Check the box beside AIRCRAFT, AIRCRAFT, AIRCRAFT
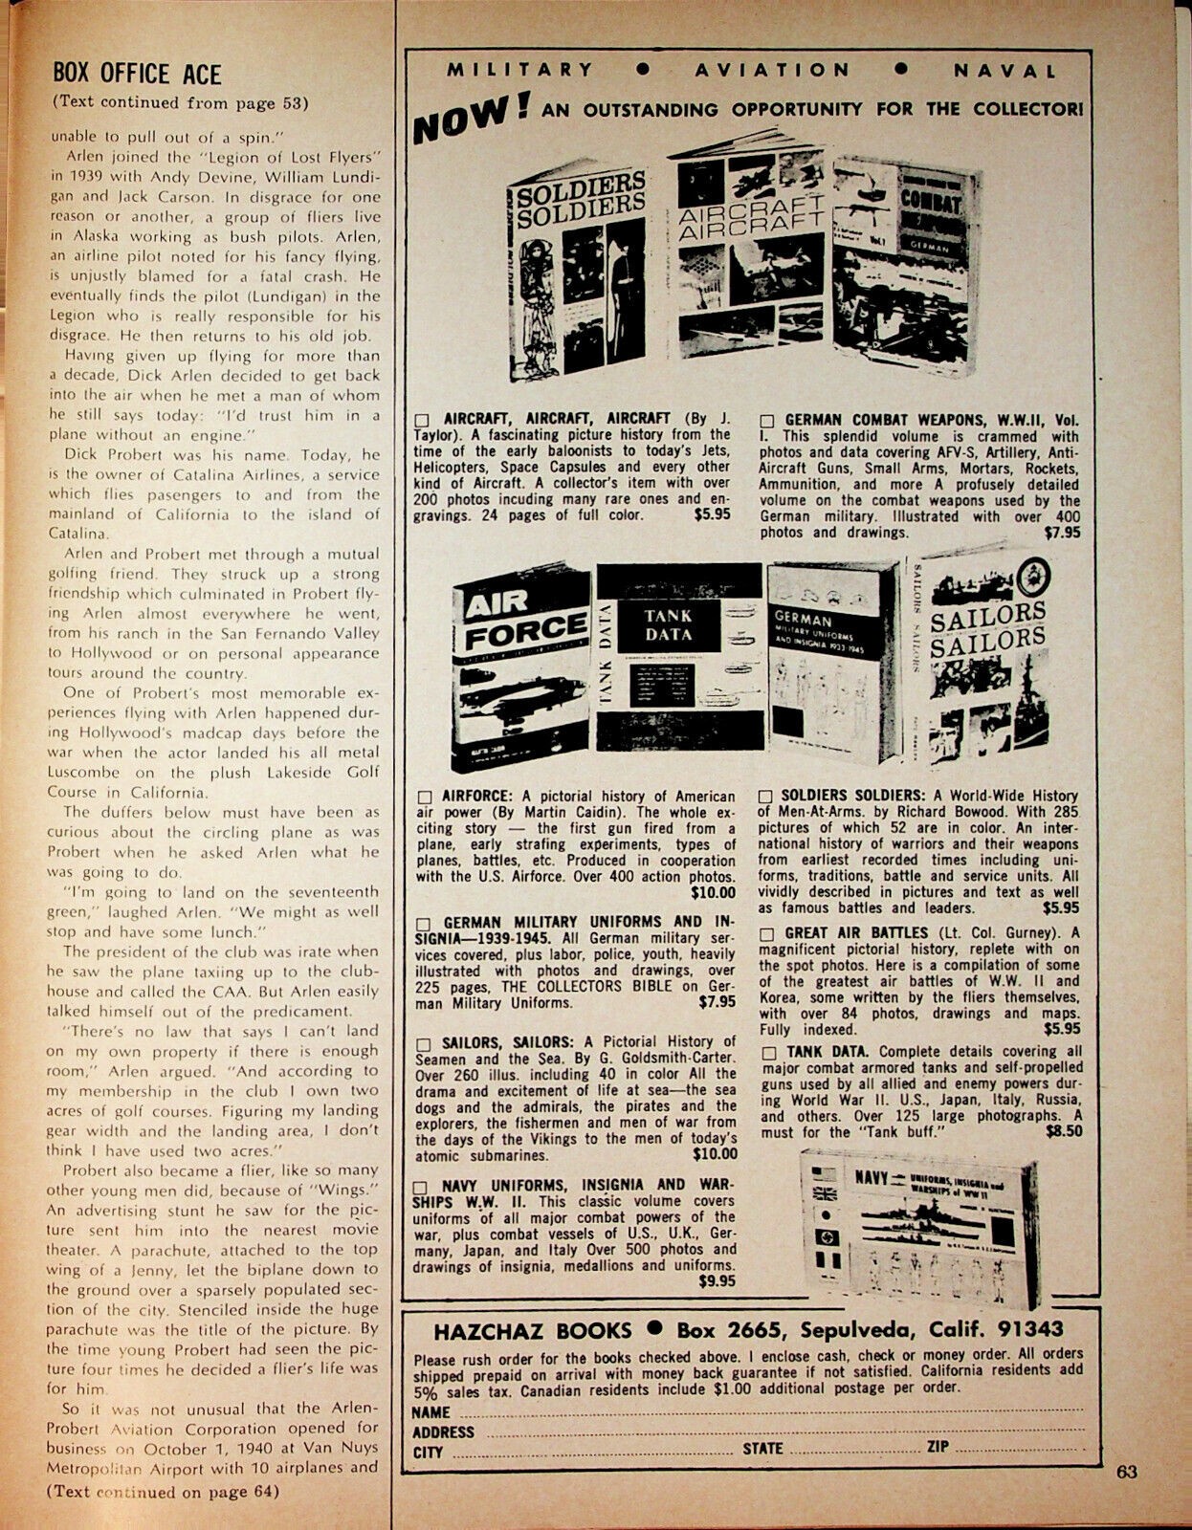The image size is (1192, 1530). pyautogui.click(x=425, y=420)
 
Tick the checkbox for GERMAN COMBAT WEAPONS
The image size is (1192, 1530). pyautogui.click(x=767, y=420)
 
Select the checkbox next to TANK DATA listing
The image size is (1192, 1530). pyautogui.click(x=767, y=1053)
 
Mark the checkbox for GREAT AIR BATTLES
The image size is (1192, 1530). pyautogui.click(x=767, y=932)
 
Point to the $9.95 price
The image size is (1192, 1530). pyautogui.click(x=717, y=1279)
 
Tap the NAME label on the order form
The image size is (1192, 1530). pyautogui.click(x=430, y=1412)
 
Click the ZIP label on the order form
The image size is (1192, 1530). pyautogui.click(x=938, y=1447)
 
